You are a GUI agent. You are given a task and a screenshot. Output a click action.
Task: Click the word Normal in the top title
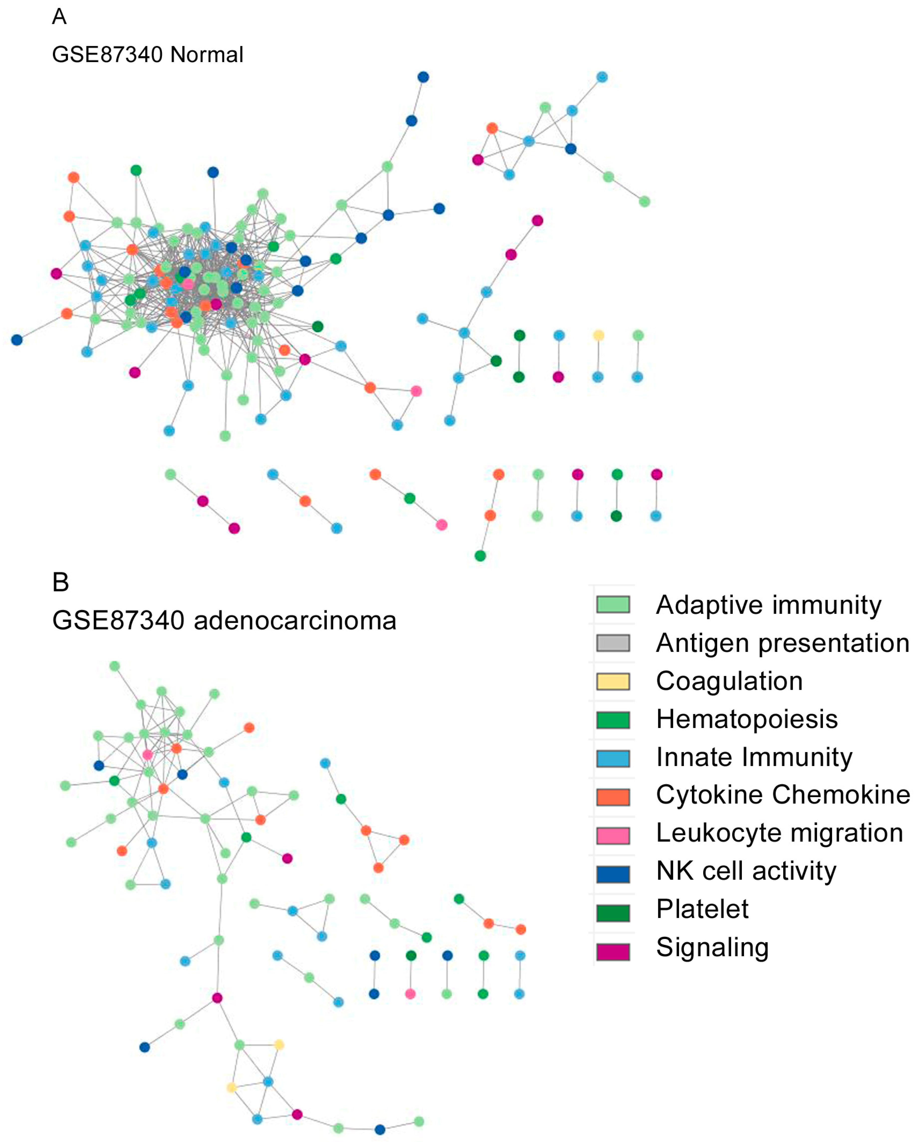pos(207,55)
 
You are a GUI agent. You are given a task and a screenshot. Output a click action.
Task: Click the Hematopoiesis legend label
pos(746,719)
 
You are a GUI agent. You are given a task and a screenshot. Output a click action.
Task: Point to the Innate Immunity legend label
pos(754,757)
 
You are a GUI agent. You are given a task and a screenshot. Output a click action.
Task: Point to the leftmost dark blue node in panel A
pos(17,340)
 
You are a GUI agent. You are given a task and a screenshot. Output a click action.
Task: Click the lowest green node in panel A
pos(480,556)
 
